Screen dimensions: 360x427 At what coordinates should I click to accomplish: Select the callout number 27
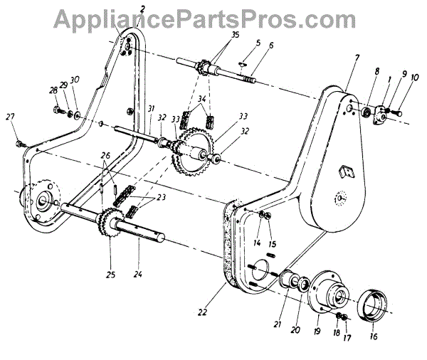[x=9, y=117]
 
